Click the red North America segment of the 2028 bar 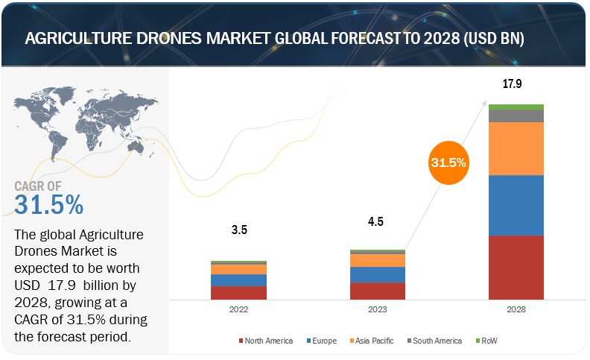tap(516, 267)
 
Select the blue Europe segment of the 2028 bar tap(516, 205)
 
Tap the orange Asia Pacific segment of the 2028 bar tap(516, 148)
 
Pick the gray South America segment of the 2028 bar tap(516, 116)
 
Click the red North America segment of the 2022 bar tap(238, 292)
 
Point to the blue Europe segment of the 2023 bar tap(378, 274)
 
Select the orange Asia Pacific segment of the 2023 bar tap(378, 260)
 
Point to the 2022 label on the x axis tap(238, 309)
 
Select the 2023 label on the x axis tap(378, 309)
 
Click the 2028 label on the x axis tap(516, 309)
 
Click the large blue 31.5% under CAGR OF tap(49, 203)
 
